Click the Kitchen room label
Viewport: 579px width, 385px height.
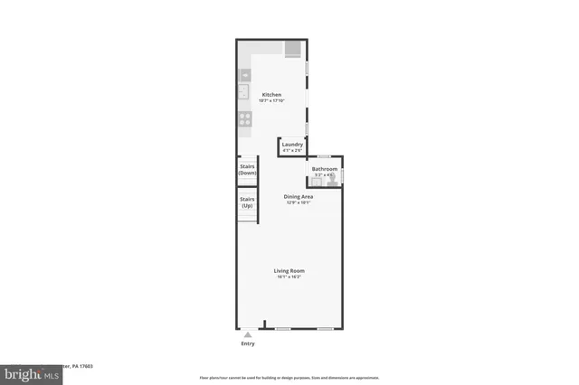point(271,95)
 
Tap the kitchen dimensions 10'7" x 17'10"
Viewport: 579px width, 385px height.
point(272,101)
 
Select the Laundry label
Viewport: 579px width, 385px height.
point(291,145)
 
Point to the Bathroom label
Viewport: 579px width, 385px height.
point(324,169)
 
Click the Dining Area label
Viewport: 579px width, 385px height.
point(299,196)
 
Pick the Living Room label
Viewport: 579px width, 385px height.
point(289,270)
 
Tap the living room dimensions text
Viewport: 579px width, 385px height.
point(289,277)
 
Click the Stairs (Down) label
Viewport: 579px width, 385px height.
point(247,169)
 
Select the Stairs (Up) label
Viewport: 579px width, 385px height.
point(247,202)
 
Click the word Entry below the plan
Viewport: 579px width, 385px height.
point(248,343)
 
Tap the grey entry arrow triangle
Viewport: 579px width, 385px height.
point(248,334)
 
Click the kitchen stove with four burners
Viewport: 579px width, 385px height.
point(244,117)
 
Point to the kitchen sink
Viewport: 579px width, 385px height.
point(244,91)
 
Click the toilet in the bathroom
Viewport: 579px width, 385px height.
point(332,181)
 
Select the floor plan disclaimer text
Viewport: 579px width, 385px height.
point(289,378)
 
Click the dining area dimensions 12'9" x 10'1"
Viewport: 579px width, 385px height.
point(299,202)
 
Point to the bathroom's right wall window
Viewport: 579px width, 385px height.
point(342,174)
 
